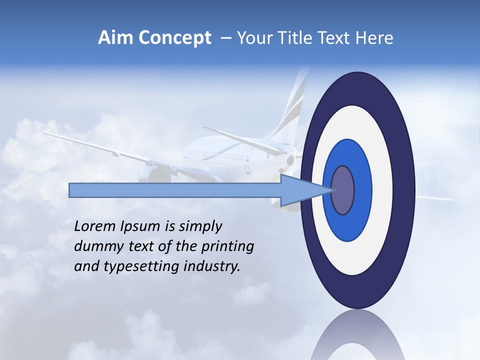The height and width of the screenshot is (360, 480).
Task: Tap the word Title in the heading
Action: coord(291,38)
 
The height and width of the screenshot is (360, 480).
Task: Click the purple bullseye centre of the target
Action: coord(343,190)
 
